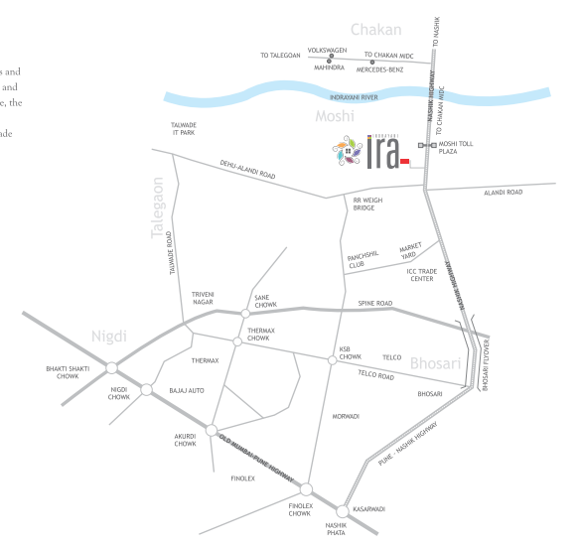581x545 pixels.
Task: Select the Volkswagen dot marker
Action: click(x=329, y=58)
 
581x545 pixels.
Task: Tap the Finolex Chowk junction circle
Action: click(x=306, y=488)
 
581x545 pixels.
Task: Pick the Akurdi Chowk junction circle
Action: click(x=210, y=429)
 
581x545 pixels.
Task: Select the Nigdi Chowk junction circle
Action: click(x=146, y=389)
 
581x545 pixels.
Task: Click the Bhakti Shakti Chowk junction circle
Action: click(x=111, y=367)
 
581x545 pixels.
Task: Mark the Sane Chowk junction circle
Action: click(x=245, y=314)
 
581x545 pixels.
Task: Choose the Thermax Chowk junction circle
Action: click(x=236, y=341)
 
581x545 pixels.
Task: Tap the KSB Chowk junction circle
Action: click(x=332, y=359)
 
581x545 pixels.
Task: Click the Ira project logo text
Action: click(x=382, y=155)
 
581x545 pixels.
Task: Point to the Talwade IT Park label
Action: click(x=184, y=129)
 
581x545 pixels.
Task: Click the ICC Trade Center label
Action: click(x=421, y=274)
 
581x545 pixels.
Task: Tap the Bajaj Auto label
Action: click(x=187, y=390)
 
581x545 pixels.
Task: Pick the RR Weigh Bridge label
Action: click(x=367, y=204)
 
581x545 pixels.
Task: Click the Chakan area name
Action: click(x=376, y=31)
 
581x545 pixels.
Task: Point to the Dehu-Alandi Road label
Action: click(x=248, y=170)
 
